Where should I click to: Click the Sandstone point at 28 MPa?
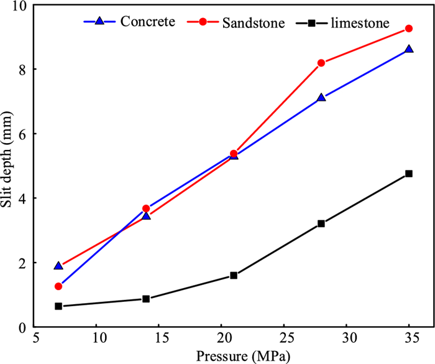[321, 63]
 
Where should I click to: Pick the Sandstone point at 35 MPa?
[408, 29]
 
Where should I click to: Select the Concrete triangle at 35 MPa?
[408, 49]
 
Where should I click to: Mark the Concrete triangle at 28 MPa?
[321, 98]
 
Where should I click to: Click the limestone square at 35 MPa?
[408, 174]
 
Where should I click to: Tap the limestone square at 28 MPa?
[321, 223]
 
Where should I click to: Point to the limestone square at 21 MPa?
[234, 275]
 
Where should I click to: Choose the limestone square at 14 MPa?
[146, 299]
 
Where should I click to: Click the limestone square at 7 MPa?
[58, 306]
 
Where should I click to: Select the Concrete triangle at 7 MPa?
[58, 266]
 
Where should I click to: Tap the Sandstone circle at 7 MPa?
[58, 286]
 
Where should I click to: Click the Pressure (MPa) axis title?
[234, 357]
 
